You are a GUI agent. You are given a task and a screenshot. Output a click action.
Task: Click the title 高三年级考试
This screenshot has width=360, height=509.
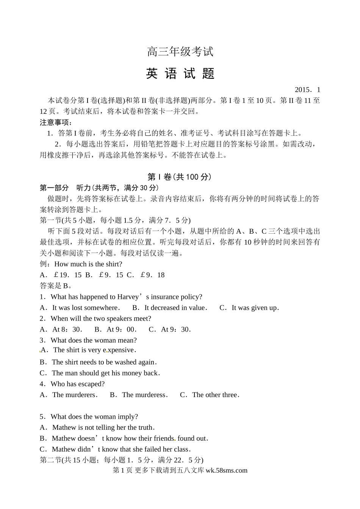[180, 52]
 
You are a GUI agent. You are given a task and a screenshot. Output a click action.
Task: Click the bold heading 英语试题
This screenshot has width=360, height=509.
[180, 74]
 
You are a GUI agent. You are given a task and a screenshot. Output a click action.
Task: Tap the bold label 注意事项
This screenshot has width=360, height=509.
[56, 123]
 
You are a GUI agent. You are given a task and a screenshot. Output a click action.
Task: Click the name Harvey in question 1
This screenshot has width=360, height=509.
[128, 297]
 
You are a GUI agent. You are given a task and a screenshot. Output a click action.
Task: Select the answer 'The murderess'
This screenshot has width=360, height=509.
[144, 395]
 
